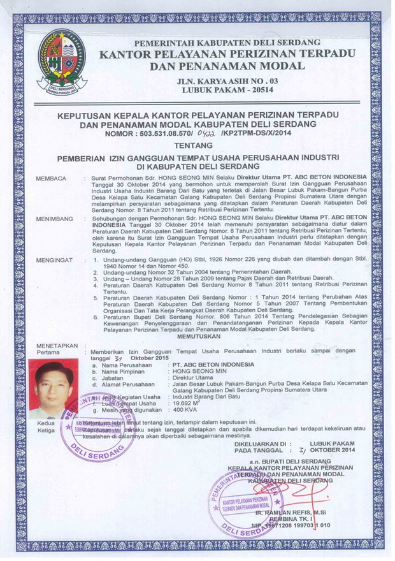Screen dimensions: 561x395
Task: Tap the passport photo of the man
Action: pyautogui.click(x=54, y=390)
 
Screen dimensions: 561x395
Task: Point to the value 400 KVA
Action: pyautogui.click(x=184, y=411)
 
